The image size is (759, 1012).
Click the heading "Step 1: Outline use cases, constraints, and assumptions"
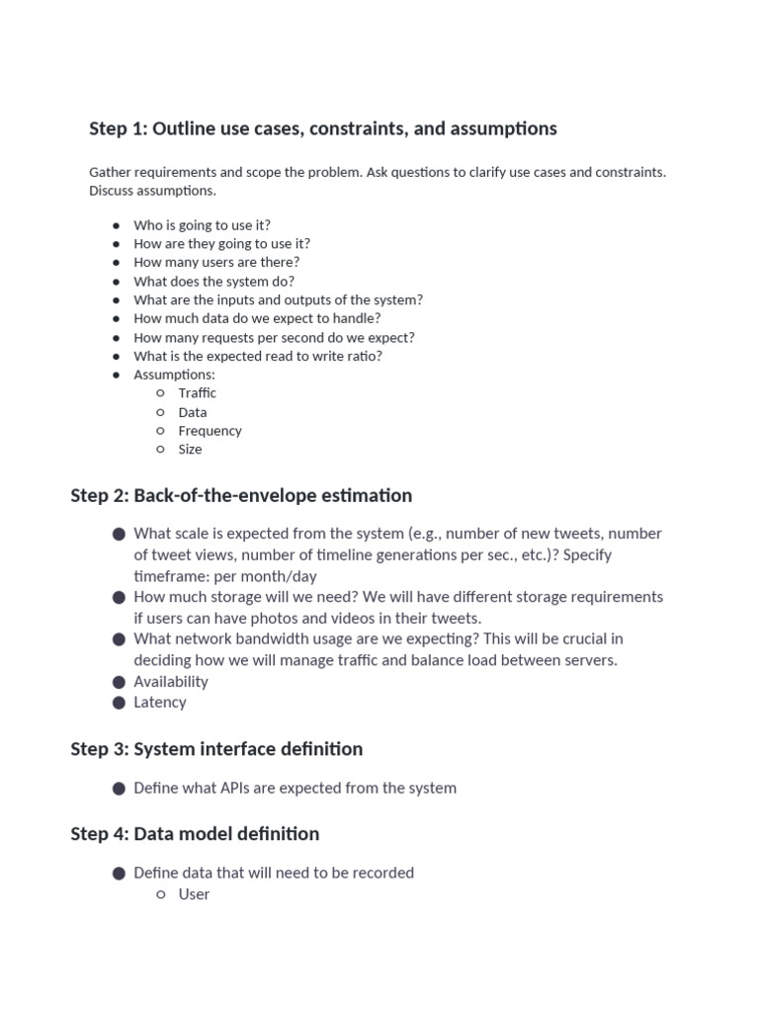(323, 128)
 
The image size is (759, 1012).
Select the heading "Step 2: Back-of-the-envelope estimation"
(241, 495)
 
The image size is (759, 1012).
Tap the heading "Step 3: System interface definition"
(216, 748)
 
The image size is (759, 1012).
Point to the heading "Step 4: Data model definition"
(195, 833)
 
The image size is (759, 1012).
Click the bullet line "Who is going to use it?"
(202, 224)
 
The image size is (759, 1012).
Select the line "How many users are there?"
(216, 262)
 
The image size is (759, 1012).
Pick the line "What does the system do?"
(213, 281)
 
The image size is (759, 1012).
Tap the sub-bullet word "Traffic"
(197, 392)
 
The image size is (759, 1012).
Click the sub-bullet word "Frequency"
(210, 430)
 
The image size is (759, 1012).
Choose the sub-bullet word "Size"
(190, 449)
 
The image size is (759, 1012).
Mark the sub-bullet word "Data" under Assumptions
(193, 412)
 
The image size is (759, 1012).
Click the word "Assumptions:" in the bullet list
(174, 375)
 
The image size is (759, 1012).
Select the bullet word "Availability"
(171, 681)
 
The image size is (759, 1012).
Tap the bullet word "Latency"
(160, 702)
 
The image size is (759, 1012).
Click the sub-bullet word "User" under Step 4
(194, 893)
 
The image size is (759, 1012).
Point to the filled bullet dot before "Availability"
(119, 681)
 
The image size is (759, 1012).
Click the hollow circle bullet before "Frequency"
(160, 431)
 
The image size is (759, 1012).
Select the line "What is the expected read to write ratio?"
(258, 356)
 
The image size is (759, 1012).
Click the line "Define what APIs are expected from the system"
(295, 788)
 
